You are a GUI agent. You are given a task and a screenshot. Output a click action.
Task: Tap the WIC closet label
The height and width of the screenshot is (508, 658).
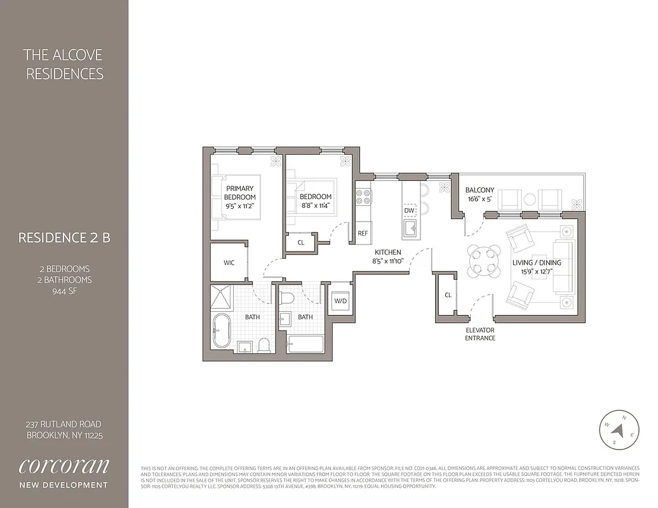(x=229, y=263)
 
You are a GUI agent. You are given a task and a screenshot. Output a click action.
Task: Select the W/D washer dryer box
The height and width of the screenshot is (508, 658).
(x=340, y=301)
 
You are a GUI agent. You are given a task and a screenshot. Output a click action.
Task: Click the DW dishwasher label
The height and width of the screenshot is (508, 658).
(x=410, y=210)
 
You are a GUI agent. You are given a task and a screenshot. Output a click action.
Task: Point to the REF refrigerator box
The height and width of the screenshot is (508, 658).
(x=363, y=233)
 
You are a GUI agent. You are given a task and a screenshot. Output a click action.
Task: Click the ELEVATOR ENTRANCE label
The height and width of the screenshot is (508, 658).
(x=480, y=334)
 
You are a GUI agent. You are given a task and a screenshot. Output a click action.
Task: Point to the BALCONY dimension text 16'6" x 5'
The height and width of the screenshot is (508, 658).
(x=480, y=199)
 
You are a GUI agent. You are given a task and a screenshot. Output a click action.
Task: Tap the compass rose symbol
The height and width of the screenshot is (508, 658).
(x=618, y=429)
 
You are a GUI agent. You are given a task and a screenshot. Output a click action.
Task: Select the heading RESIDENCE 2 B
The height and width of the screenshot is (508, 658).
(x=64, y=238)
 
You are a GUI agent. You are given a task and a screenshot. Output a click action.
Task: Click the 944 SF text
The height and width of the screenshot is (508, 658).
(x=64, y=291)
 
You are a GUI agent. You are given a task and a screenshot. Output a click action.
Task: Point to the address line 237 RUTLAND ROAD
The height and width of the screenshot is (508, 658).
(x=64, y=424)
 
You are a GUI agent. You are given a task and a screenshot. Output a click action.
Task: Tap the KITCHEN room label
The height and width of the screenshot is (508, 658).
(x=387, y=252)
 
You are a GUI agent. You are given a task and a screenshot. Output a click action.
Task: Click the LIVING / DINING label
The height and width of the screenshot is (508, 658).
(x=537, y=262)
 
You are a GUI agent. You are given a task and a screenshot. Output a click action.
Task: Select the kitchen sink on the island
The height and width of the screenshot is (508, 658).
(x=410, y=227)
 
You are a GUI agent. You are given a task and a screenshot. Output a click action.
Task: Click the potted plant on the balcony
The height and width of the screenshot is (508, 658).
(x=577, y=204)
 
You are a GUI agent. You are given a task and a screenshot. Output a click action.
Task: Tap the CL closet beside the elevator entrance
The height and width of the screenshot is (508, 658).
(x=448, y=295)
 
